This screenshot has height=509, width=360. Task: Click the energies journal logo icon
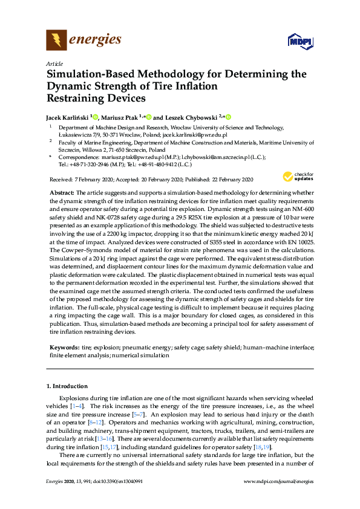point(56,40)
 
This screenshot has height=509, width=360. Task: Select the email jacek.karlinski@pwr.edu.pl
point(197,135)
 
